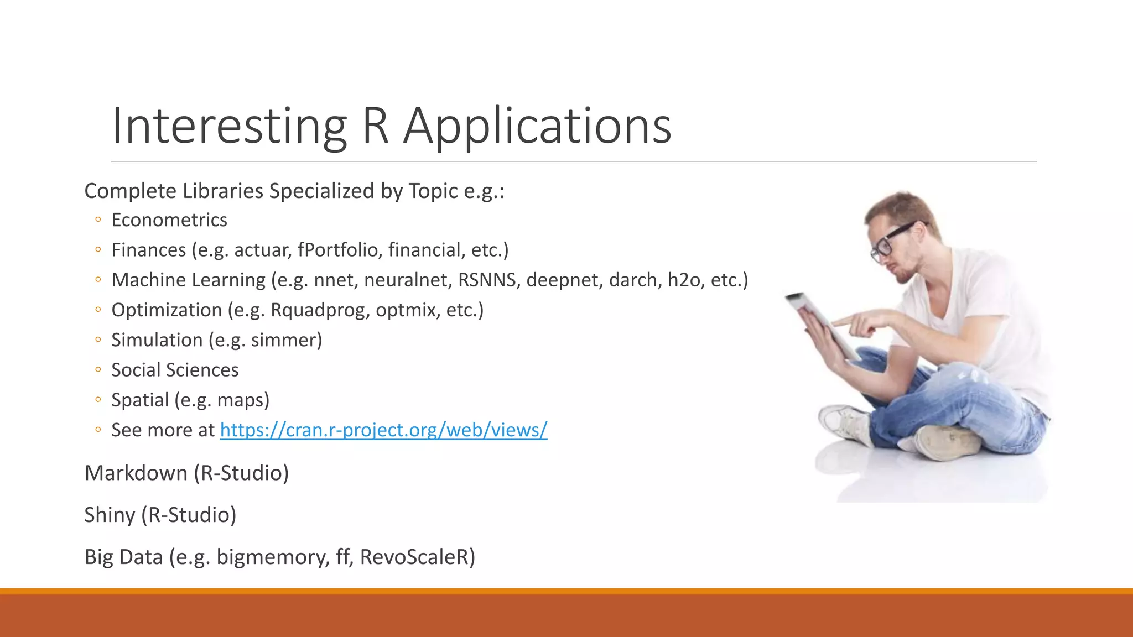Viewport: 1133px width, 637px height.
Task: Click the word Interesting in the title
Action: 229,126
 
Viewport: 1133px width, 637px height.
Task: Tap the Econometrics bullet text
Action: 169,220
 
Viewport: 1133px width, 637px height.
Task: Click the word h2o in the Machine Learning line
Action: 684,280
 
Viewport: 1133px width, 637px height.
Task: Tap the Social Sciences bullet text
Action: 175,370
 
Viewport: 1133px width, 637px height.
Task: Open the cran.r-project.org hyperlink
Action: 383,430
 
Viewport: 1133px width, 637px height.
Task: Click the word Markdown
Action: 136,473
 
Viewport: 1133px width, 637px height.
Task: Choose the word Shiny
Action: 110,515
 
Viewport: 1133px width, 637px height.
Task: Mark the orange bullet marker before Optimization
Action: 98,310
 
